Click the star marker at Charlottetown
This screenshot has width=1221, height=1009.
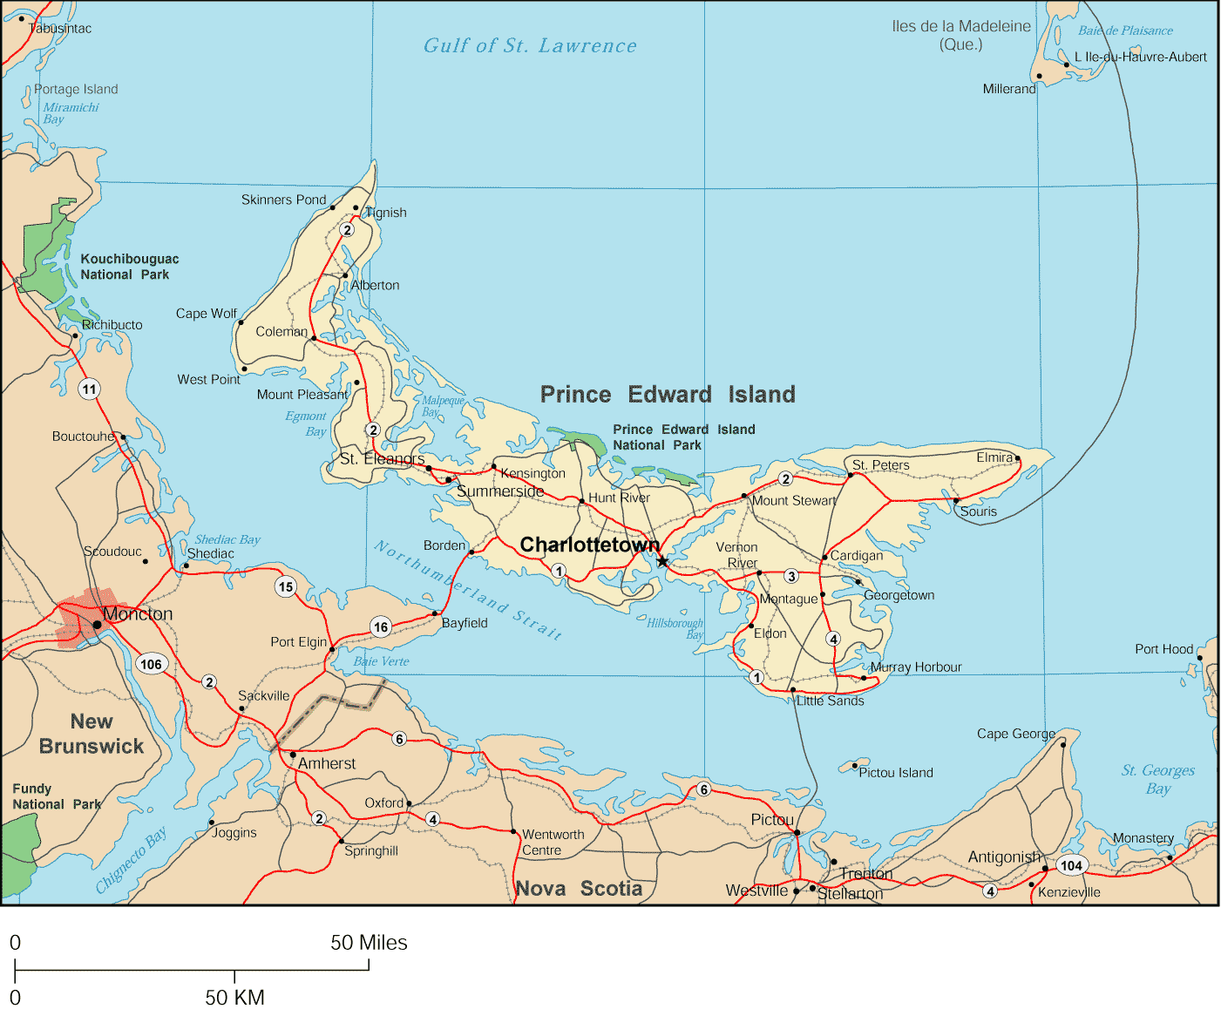click(662, 561)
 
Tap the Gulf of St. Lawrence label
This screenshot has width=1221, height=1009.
click(530, 46)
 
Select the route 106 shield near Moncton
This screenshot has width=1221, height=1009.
click(151, 664)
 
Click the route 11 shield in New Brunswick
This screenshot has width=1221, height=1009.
click(89, 389)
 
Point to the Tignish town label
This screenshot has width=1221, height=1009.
click(386, 213)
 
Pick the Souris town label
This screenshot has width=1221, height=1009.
click(979, 511)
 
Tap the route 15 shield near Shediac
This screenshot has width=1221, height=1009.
click(286, 586)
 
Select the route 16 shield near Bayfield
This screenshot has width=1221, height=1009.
click(381, 626)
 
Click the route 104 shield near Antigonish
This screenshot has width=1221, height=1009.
click(1071, 865)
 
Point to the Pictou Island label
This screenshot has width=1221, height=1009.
click(896, 773)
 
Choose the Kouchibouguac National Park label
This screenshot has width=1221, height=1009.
click(129, 267)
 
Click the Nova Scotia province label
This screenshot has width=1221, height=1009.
click(579, 889)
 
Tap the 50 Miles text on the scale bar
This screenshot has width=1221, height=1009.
click(369, 943)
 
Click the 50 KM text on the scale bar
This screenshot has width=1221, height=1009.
click(234, 998)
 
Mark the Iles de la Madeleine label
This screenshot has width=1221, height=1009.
click(961, 35)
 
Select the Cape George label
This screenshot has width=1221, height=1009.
click(1015, 734)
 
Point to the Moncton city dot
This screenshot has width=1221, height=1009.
click(97, 625)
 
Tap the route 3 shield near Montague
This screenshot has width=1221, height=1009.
click(791, 576)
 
